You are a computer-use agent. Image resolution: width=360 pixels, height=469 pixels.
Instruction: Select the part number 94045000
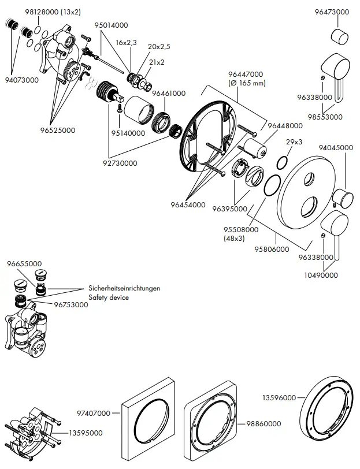tap(336, 148)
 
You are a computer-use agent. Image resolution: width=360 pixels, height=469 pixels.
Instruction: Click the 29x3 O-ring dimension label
tap(294, 142)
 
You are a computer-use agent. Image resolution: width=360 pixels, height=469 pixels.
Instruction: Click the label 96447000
tap(246, 75)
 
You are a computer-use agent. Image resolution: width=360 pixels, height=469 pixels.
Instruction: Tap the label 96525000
tap(58, 131)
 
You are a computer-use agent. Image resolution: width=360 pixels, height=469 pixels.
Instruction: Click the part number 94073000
tap(22, 80)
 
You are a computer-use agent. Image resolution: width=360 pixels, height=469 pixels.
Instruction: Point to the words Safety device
tap(108, 297)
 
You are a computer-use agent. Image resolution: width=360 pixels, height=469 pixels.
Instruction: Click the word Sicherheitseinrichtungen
tap(124, 288)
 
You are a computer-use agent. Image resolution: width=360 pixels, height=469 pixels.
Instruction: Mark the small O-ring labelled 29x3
tap(281, 162)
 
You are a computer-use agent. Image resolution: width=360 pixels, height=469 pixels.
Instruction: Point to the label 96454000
tap(188, 204)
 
